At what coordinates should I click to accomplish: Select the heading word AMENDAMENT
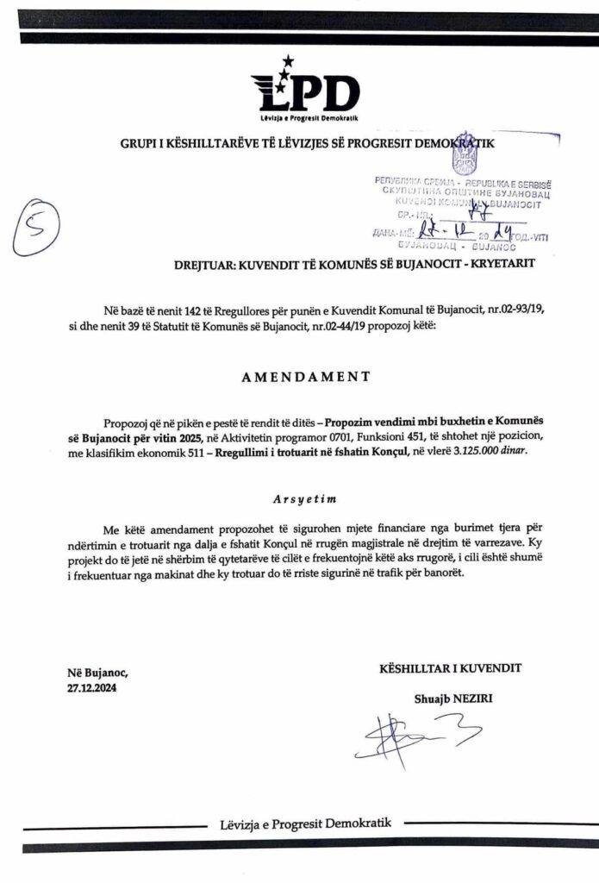(x=300, y=376)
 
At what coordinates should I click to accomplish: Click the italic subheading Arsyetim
(x=299, y=499)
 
